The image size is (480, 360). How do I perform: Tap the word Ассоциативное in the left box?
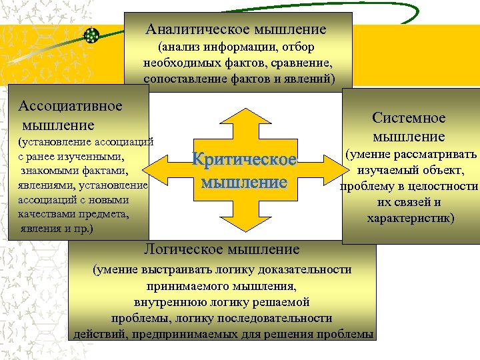[71, 106]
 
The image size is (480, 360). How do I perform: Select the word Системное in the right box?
[409, 118]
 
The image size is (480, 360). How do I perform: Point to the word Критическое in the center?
[244, 161]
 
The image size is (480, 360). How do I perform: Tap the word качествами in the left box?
[44, 214]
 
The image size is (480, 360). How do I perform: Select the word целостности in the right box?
[445, 187]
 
